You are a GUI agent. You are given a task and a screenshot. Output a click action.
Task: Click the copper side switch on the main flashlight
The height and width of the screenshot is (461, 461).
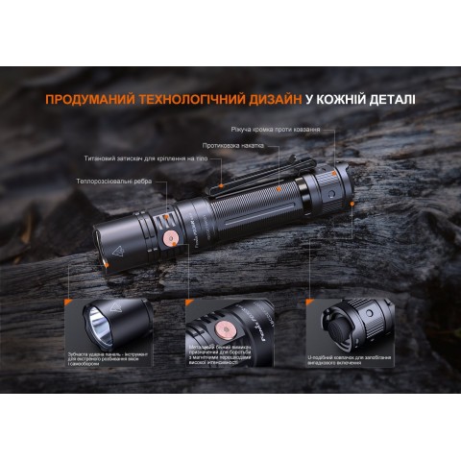(169, 237)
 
